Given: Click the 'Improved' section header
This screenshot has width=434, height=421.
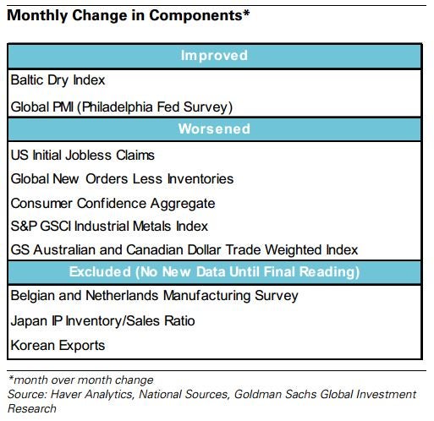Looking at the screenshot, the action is (214, 55).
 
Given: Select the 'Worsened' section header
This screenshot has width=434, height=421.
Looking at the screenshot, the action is (214, 128).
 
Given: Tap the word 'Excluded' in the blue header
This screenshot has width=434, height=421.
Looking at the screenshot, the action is (100, 271).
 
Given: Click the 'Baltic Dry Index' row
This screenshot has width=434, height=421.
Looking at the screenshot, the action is (58, 80).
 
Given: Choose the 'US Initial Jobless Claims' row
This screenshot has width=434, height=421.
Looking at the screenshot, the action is (83, 155).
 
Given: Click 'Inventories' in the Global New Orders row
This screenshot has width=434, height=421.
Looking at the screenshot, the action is (201, 179).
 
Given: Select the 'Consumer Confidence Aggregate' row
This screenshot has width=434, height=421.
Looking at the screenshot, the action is (113, 204).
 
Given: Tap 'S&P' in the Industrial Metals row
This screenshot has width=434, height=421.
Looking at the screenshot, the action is (24, 226).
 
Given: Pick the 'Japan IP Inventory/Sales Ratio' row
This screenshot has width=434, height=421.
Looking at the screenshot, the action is (102, 320).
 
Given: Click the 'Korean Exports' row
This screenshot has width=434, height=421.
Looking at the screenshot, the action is (58, 346).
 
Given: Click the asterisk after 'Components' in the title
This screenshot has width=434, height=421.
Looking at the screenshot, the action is (246, 14).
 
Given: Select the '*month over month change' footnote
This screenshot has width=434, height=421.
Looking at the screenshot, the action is (80, 380).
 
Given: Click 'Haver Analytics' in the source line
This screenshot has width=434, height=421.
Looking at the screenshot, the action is (91, 395).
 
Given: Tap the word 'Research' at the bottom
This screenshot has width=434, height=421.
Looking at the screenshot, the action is (32, 408).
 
